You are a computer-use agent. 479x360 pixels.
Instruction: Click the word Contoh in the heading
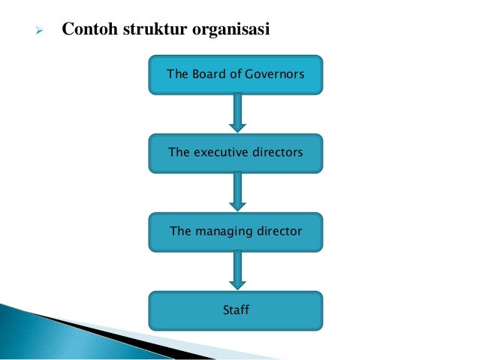click(x=85, y=31)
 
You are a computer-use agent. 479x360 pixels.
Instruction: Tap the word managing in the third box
click(x=223, y=231)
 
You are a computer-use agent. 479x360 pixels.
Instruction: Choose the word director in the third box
click(x=279, y=231)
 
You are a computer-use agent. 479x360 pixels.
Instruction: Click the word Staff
click(x=236, y=309)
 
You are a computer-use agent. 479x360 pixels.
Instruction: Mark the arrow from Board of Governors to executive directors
click(x=237, y=113)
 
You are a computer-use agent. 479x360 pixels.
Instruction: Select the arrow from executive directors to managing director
click(x=237, y=192)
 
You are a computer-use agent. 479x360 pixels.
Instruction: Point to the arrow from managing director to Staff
click(x=237, y=270)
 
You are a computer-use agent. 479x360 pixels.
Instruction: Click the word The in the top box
click(x=176, y=74)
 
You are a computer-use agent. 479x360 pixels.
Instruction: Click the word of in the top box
click(x=230, y=74)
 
